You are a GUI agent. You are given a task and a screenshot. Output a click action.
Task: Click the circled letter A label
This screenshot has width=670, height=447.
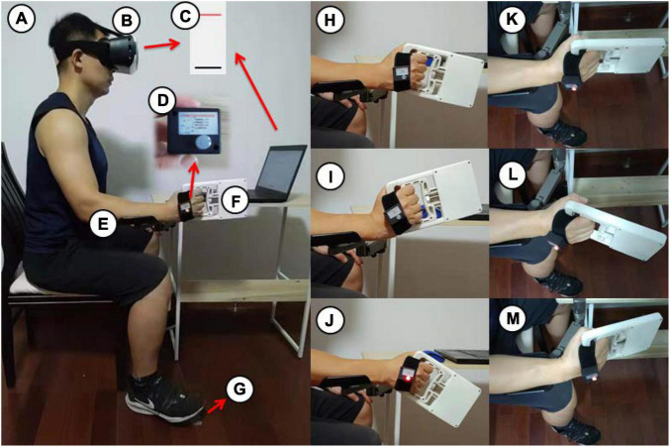tap(21, 20)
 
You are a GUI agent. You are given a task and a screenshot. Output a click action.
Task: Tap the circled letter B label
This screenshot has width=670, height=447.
tap(127, 20)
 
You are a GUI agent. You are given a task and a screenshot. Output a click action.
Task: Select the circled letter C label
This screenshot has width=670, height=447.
tap(185, 16)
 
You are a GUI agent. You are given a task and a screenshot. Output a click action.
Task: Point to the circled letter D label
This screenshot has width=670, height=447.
tap(162, 100)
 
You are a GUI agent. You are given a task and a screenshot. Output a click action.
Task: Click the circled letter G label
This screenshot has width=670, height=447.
tap(239, 389)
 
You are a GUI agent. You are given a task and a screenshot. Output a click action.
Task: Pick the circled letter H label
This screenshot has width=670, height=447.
tap(330, 20)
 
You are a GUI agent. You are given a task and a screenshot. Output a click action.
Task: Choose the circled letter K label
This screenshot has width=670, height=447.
tap(512, 20)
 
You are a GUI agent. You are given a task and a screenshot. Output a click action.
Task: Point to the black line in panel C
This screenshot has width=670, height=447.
tap(208, 67)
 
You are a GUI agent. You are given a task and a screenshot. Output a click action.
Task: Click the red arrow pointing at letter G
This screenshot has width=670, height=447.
tap(216, 406)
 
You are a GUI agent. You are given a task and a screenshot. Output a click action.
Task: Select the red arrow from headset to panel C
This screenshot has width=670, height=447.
tap(162, 45)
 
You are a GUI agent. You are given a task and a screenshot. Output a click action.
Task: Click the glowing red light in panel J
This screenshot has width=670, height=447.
tap(409, 379)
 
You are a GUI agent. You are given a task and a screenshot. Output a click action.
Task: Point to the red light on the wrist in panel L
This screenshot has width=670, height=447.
tap(557, 248)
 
